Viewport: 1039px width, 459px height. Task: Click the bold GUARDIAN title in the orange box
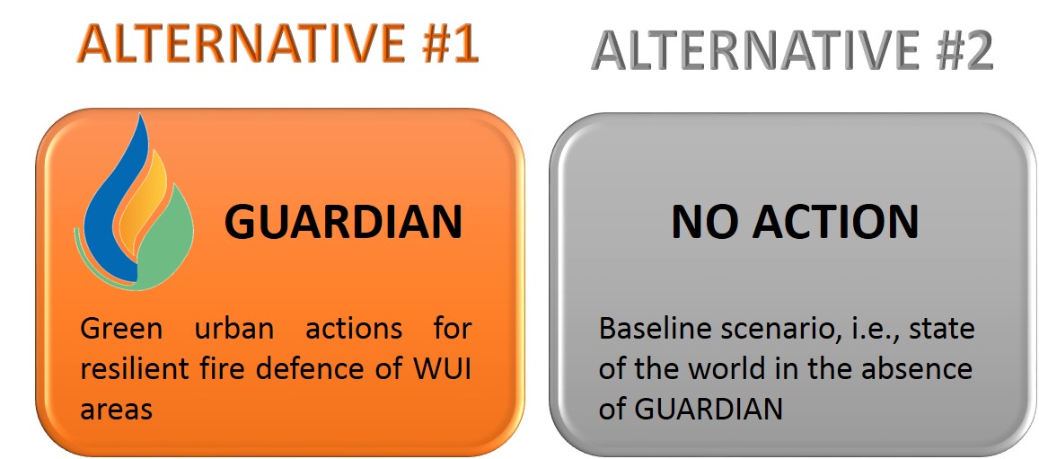343,222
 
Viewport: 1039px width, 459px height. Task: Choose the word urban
234,329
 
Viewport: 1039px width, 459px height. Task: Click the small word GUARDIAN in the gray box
709,410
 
